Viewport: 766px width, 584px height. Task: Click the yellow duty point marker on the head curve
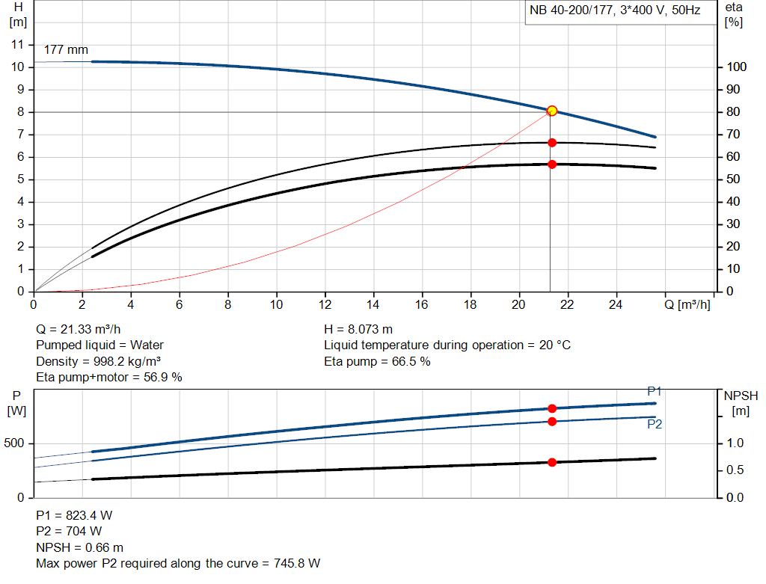pos(552,111)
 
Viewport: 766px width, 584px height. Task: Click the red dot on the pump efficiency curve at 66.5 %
pos(552,142)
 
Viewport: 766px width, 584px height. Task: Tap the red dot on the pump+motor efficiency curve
pos(552,164)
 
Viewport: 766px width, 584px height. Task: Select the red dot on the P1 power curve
pos(552,408)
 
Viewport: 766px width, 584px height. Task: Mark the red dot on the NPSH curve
pos(552,462)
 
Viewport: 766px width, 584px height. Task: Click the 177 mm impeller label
pos(66,50)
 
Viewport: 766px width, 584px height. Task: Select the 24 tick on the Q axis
pos(617,305)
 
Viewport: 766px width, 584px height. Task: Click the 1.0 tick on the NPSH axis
pos(736,443)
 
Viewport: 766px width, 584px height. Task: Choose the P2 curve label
pos(655,424)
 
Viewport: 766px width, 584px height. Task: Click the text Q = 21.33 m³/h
pos(79,329)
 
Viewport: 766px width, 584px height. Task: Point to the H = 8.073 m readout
pos(358,329)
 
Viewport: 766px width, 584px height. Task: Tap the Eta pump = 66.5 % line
pos(377,361)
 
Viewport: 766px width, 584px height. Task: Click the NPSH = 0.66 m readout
pos(80,547)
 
